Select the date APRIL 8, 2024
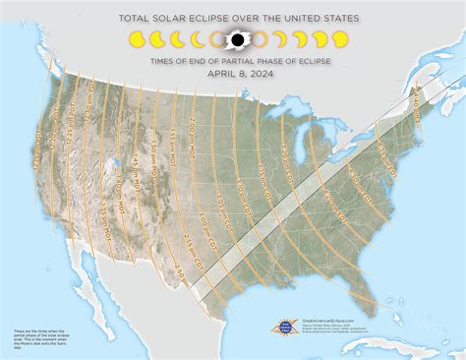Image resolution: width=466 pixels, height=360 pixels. (233, 72)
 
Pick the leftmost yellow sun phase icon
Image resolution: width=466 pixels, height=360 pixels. (136, 40)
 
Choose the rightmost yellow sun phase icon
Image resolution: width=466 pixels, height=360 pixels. (339, 40)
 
